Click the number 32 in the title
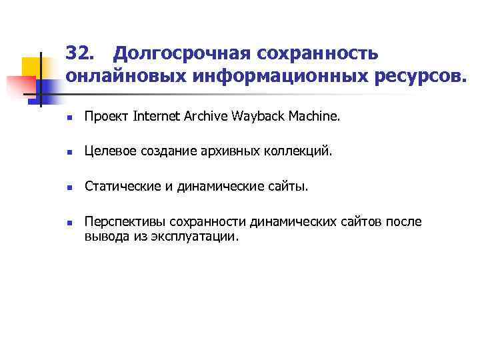coord(80,52)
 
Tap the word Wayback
coord(259,118)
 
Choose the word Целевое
coord(111,152)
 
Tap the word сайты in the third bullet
coord(290,187)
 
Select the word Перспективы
coord(125,222)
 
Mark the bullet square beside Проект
coord(69,118)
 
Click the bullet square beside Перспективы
coord(69,223)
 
